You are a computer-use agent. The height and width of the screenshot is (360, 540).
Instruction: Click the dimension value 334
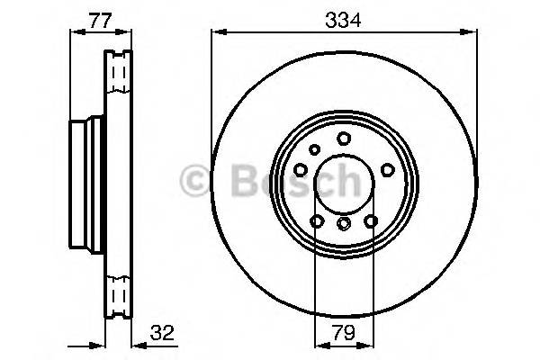344,17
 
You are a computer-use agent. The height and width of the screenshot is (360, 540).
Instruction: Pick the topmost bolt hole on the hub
344,138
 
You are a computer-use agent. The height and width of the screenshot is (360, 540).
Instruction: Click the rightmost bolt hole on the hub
388,168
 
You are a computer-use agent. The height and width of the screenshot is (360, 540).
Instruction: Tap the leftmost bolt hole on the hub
300,168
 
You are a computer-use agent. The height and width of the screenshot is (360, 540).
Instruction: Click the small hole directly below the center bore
343,223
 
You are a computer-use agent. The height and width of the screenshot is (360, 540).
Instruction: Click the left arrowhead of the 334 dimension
216,32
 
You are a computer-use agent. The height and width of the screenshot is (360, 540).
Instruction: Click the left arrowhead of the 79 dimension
317,345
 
